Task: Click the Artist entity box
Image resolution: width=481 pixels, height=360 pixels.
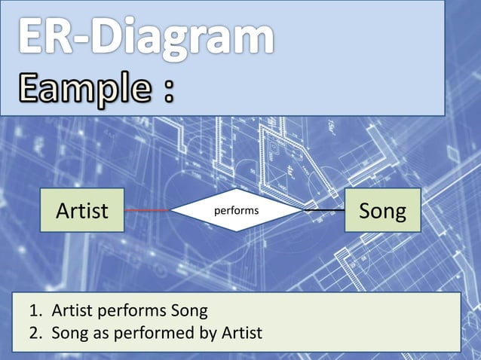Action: tap(82, 210)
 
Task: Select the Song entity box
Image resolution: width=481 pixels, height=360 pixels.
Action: tap(382, 210)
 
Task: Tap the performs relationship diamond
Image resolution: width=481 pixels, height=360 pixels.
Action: tap(237, 210)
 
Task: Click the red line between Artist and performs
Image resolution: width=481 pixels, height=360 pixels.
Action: tap(148, 210)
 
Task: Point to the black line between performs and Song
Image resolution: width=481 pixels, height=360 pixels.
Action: tap(324, 210)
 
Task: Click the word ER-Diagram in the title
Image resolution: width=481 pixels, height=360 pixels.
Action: tap(145, 38)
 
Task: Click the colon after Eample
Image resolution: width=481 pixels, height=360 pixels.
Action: tap(167, 95)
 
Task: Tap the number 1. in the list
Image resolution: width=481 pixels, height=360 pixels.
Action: tap(35, 310)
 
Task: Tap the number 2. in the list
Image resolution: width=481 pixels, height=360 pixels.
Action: tap(35, 332)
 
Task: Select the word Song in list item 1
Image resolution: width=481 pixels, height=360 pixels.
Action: tap(188, 311)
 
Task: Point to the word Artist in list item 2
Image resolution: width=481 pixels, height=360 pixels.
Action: tap(240, 332)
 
